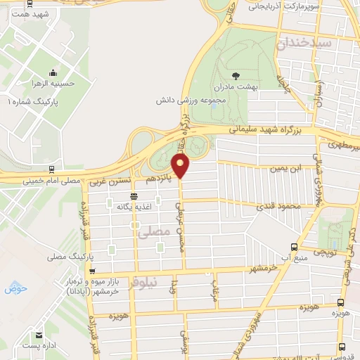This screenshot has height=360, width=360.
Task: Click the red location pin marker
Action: click(x=181, y=166)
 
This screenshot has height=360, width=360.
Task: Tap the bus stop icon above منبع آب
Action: click(x=293, y=246)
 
